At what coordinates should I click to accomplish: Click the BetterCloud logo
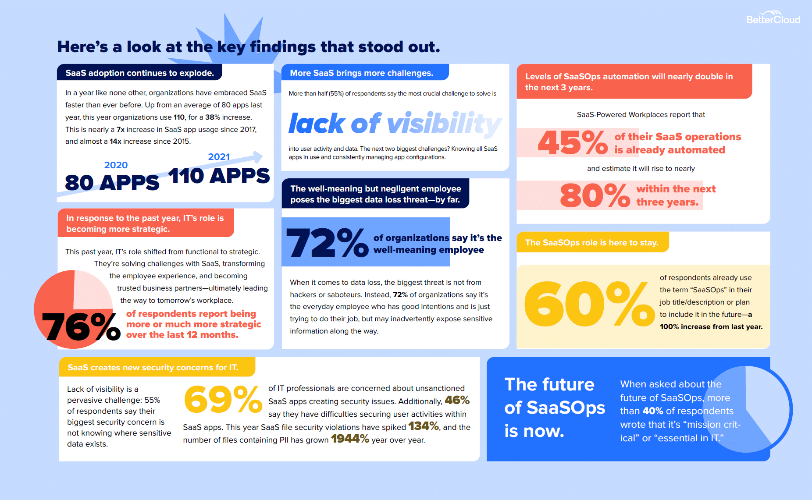(x=773, y=18)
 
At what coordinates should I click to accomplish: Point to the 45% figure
(x=573, y=142)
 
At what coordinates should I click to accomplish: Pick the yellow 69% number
(x=223, y=399)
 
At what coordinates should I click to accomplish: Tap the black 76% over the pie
(x=81, y=327)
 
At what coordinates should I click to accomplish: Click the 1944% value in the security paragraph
(x=350, y=439)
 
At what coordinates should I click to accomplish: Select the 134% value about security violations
(x=424, y=426)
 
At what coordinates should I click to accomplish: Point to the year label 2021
(x=219, y=157)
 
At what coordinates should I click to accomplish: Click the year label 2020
(x=116, y=165)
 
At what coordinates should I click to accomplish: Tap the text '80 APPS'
(x=112, y=182)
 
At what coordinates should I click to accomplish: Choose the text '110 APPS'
(x=219, y=176)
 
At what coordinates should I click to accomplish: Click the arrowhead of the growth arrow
(x=258, y=156)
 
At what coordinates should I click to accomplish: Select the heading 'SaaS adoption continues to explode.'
(x=140, y=73)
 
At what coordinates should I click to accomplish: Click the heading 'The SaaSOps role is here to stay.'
(x=592, y=242)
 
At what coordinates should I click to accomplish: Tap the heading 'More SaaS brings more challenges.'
(x=362, y=73)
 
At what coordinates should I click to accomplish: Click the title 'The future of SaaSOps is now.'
(x=555, y=408)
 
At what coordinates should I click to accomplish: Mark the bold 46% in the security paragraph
(x=457, y=400)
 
